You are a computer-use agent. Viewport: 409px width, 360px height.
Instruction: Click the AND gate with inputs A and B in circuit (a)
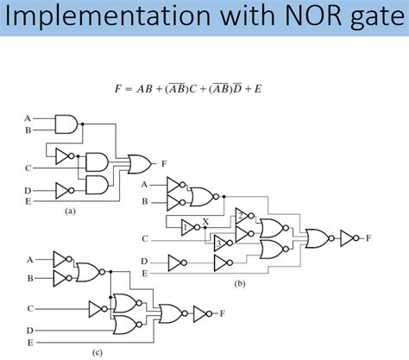66,124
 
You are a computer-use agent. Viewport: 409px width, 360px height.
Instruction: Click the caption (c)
98,351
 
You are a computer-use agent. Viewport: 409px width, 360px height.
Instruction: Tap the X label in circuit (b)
206,221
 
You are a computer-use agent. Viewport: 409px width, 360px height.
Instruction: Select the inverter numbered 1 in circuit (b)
188,229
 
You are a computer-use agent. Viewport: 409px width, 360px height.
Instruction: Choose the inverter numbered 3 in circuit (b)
222,242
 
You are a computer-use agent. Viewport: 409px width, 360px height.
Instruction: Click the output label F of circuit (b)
370,236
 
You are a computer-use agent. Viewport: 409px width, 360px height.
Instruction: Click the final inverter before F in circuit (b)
350,236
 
